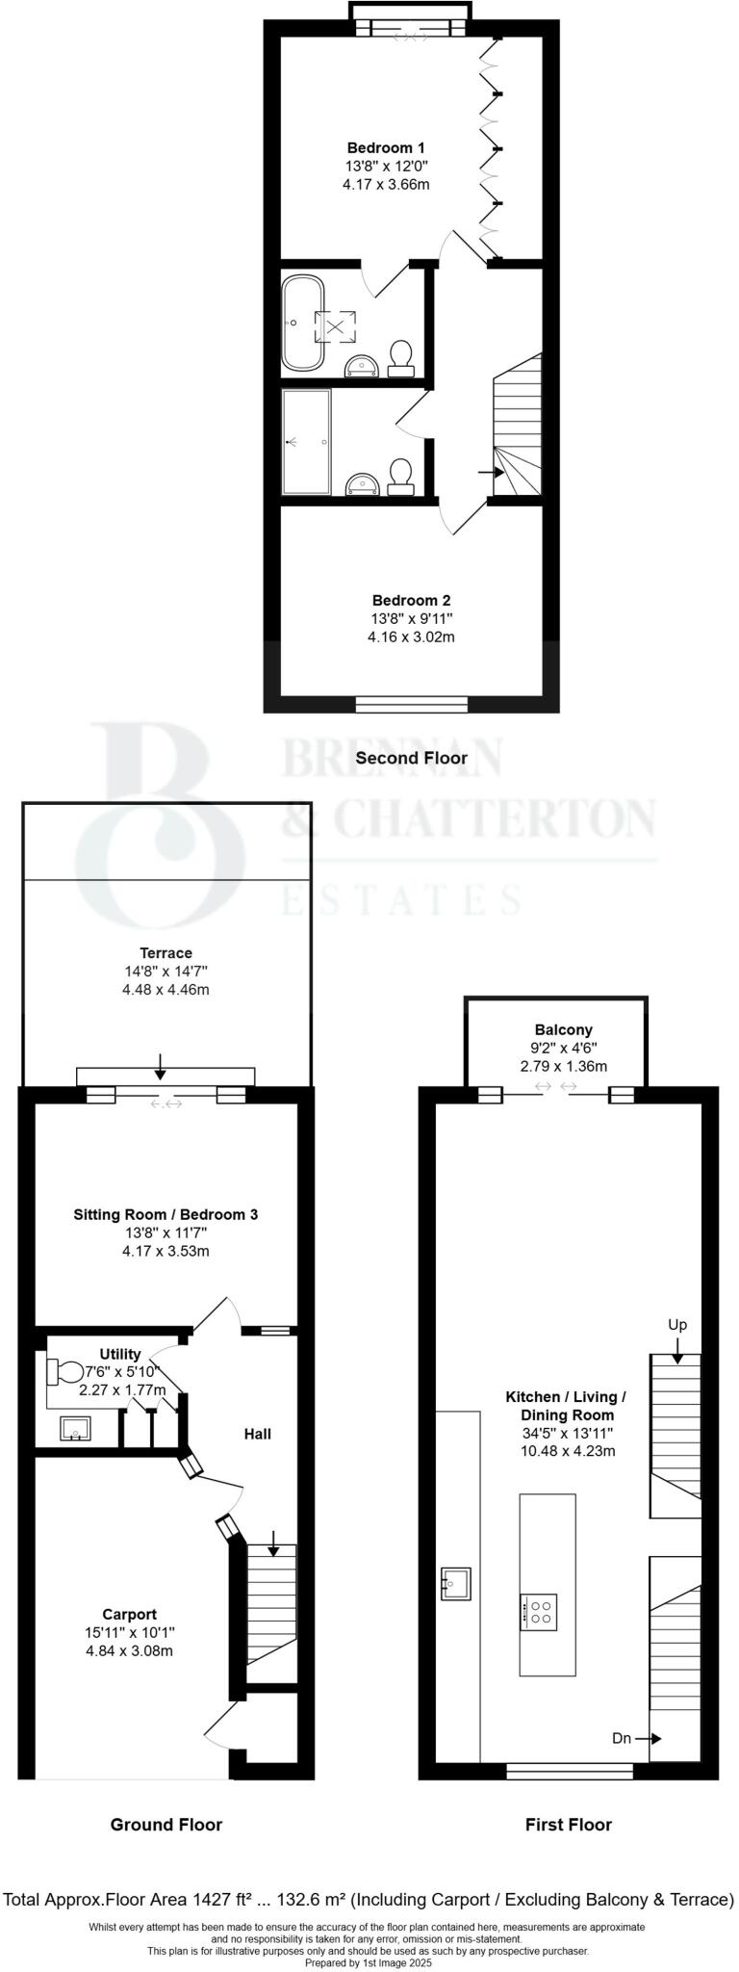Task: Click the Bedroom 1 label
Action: (x=386, y=147)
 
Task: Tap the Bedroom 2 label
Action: (x=412, y=601)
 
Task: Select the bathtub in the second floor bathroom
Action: (x=300, y=324)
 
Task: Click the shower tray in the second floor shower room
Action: (x=306, y=442)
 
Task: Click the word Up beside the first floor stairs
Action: (x=677, y=1324)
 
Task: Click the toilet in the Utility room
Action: (x=64, y=1371)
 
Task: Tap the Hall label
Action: (x=257, y=1434)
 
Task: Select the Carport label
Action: (x=130, y=1614)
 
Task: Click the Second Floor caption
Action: (x=412, y=758)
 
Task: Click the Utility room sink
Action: (x=75, y=1429)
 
